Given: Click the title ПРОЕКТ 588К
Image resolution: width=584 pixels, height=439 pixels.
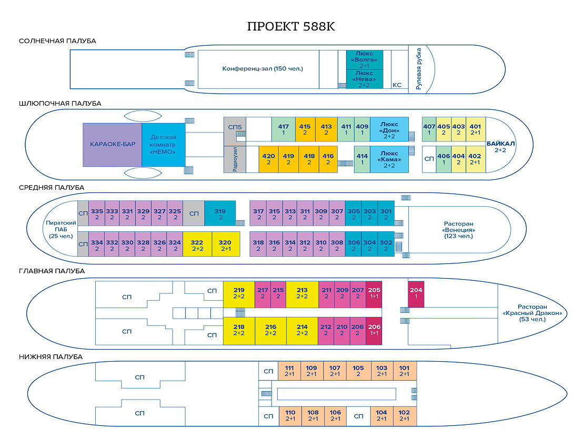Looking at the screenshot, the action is (x=291, y=26).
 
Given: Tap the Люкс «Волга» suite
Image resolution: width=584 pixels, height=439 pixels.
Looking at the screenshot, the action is (x=364, y=59).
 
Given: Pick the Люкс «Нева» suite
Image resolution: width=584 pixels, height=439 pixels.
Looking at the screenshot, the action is (x=364, y=79).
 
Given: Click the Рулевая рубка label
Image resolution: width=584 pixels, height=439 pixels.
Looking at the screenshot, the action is (x=419, y=69).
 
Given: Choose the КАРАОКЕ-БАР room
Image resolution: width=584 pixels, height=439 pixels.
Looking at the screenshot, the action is (x=112, y=145).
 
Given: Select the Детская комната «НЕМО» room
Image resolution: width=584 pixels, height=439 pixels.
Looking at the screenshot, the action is (x=163, y=145).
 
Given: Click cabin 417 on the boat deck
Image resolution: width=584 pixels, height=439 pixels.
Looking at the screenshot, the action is (x=284, y=129).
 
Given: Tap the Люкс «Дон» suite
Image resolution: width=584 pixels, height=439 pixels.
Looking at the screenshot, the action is (x=389, y=129).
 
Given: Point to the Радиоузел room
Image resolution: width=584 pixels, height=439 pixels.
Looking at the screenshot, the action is (x=235, y=159).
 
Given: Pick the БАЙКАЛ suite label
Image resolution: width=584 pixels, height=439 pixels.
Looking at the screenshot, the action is (x=500, y=147).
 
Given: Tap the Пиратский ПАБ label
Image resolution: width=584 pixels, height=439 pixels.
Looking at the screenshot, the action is (x=61, y=229).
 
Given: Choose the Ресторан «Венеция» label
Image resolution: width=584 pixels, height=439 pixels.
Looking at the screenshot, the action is (x=458, y=230).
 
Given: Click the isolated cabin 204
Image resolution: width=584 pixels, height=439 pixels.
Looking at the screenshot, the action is (x=416, y=293).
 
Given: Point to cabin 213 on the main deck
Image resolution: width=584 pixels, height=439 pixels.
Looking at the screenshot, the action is (x=302, y=294).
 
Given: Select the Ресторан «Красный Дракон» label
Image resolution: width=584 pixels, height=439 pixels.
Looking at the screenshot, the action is (x=532, y=313).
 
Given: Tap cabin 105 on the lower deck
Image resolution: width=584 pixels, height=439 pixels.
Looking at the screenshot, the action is (x=358, y=371).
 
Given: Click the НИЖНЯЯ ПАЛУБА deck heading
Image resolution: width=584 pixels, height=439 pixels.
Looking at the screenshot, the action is (x=51, y=357).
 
